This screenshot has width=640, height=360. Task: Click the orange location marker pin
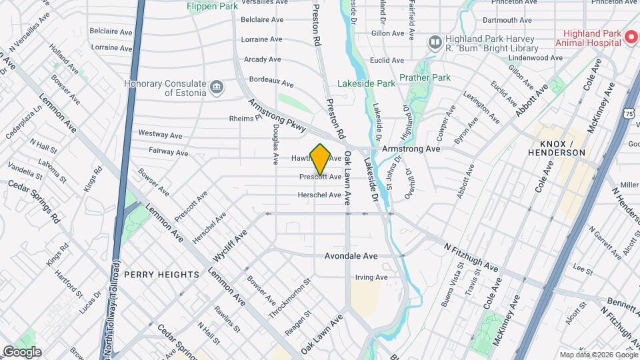click(320, 159)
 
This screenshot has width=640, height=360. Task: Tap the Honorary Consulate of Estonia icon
click(216, 88)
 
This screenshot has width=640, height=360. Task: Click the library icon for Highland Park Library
click(435, 43)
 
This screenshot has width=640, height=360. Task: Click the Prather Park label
click(425, 77)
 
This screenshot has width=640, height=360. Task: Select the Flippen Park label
click(213, 6)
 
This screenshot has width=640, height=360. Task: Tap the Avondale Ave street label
click(351, 256)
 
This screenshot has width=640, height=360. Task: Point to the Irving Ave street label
click(371, 277)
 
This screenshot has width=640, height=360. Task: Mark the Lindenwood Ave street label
click(535, 58)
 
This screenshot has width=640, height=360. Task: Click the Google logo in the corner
click(21, 352)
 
